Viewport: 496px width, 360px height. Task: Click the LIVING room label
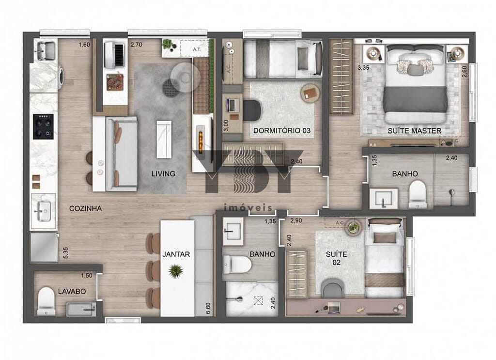point(163,173)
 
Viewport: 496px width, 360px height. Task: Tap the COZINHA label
point(85,208)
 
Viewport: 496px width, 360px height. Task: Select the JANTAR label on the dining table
point(176,254)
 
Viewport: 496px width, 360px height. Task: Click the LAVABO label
point(72,292)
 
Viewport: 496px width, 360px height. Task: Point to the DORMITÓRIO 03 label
point(281,131)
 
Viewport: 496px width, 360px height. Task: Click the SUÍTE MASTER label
point(414,131)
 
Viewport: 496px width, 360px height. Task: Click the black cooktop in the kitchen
point(43,126)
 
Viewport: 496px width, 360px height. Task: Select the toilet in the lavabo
point(46,300)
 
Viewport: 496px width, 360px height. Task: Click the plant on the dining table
point(175,270)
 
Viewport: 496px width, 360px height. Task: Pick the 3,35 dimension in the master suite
point(363,68)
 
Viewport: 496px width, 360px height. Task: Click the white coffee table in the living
point(164,139)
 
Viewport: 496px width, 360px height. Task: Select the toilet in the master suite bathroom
point(417,194)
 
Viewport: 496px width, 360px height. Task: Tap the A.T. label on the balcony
point(197,49)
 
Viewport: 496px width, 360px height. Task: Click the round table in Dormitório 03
point(310,93)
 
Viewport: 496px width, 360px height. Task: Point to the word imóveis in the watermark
point(248,207)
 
